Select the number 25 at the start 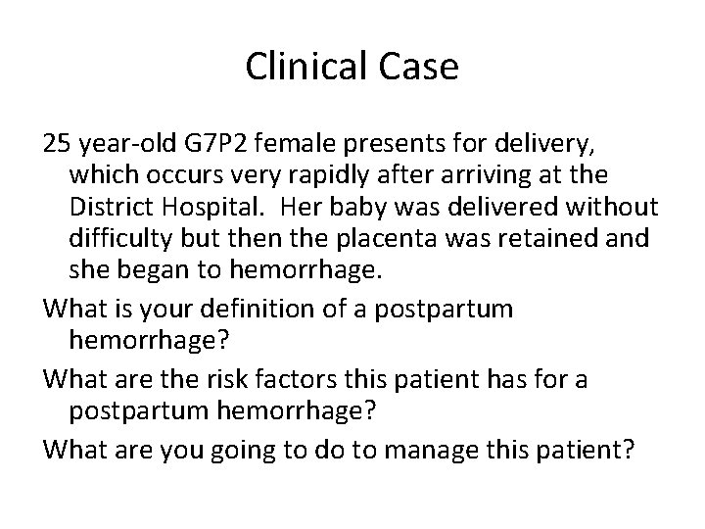coord(57,145)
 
